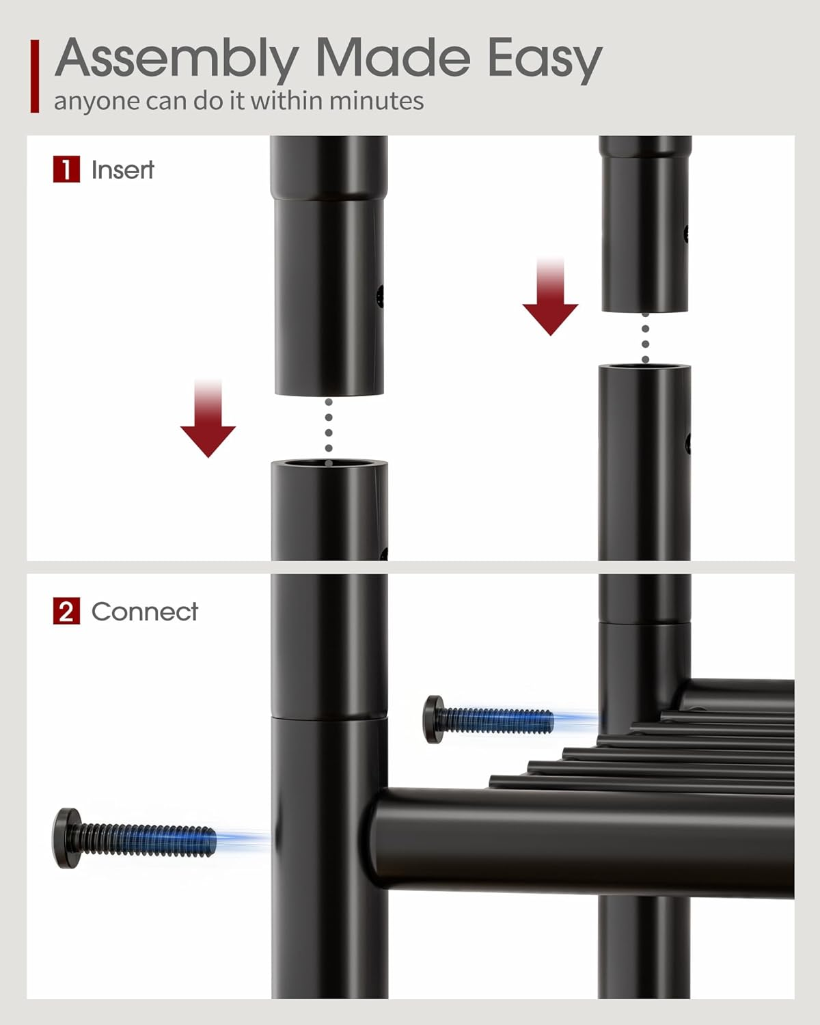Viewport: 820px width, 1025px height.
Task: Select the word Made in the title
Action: pyautogui.click(x=393, y=57)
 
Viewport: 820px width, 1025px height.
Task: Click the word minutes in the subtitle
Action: pyautogui.click(x=376, y=100)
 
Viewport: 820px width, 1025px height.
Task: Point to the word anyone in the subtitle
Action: pyautogui.click(x=96, y=102)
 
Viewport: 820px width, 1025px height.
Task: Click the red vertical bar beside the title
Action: pyautogui.click(x=34, y=77)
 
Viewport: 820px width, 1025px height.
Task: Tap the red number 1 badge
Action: pyautogui.click(x=66, y=169)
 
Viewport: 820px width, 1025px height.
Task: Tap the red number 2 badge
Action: pyautogui.click(x=66, y=611)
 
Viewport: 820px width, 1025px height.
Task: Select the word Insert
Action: pyautogui.click(x=122, y=169)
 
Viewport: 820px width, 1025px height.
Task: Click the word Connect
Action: pyautogui.click(x=144, y=612)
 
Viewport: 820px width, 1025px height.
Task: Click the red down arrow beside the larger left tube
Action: pyautogui.click(x=208, y=418)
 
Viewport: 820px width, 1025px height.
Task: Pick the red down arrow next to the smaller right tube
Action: pyautogui.click(x=550, y=297)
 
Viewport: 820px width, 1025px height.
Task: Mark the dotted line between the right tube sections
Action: pyautogui.click(x=646, y=337)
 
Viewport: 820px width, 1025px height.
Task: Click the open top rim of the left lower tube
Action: pyautogui.click(x=329, y=464)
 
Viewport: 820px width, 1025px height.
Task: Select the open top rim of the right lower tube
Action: pyautogui.click(x=644, y=367)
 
